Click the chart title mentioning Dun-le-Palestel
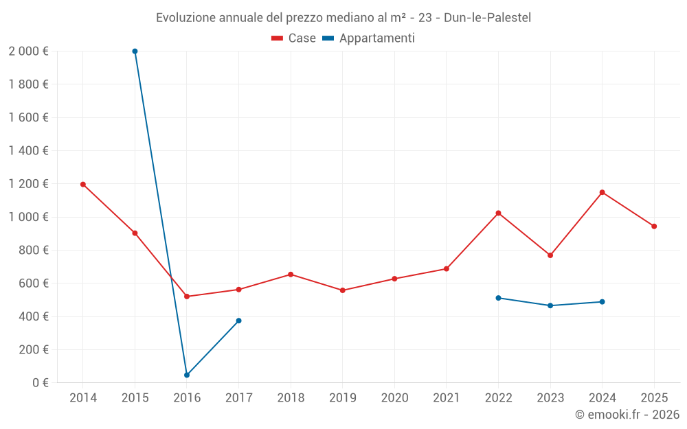pos(343,17)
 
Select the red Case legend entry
pos(294,38)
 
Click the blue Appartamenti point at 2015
pos(135,51)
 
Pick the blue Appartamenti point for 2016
pos(187,375)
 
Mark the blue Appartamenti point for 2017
pos(238,321)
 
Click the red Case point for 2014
pos(83,184)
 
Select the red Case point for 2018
pos(291,275)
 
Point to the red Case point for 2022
pos(498,213)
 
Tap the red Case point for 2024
pos(602,192)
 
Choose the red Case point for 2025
pos(654,226)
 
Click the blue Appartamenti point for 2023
pos(550,305)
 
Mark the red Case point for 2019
pos(343,290)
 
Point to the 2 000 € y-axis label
pos(29,51)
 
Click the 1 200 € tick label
pos(29,184)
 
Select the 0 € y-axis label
pos(38,383)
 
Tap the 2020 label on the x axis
pos(394,398)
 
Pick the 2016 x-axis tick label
pos(187,398)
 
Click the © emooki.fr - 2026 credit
pos(627,415)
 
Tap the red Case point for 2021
pos(447,268)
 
